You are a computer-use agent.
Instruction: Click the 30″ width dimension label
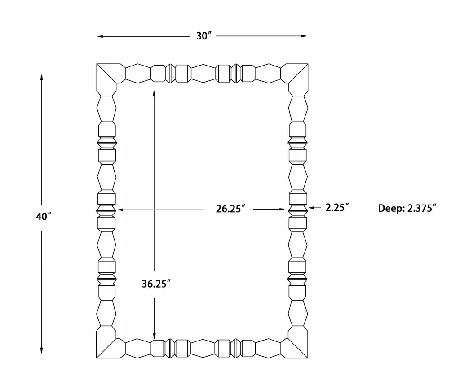point(204,36)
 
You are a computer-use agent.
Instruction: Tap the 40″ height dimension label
point(44,217)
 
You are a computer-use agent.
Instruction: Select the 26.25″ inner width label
point(230,209)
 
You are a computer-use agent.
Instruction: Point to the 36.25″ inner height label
point(156,284)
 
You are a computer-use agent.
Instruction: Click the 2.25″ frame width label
point(337,207)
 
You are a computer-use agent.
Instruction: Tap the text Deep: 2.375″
point(407,208)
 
